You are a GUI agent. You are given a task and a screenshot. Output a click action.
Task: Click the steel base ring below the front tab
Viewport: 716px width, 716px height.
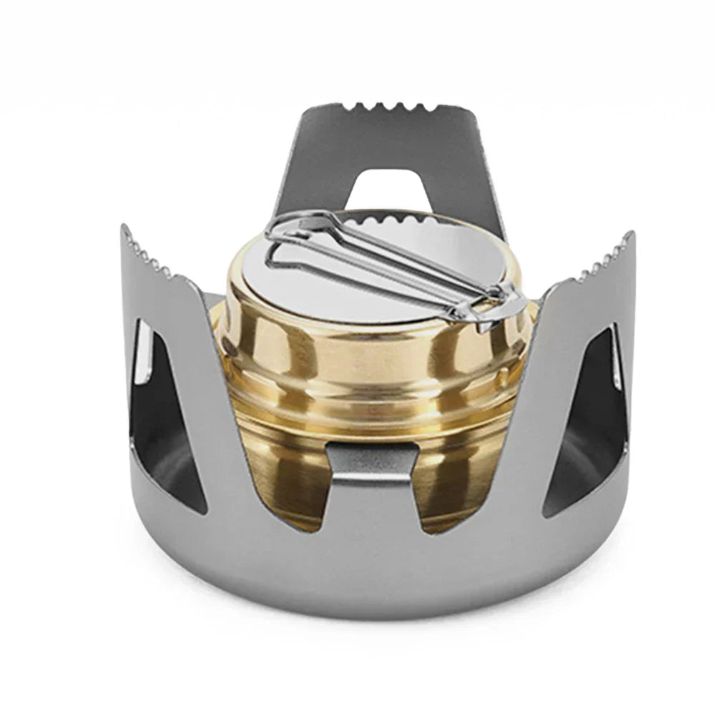click(x=372, y=565)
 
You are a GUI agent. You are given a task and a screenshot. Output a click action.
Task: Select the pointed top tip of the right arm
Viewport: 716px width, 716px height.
click(x=629, y=235)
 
